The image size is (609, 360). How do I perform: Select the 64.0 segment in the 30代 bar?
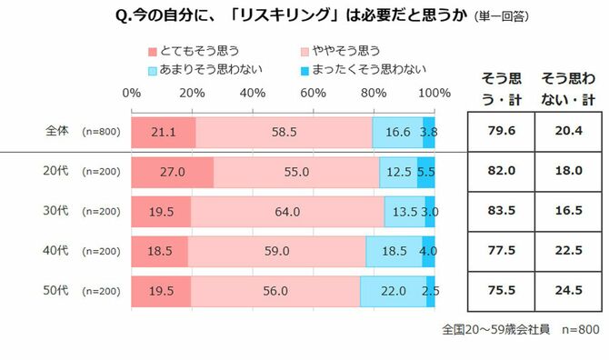[x=287, y=212]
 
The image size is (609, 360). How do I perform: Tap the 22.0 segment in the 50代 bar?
[x=393, y=291]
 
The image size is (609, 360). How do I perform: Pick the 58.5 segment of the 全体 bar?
[x=284, y=132]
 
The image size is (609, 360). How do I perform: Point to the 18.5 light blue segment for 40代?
[x=394, y=252]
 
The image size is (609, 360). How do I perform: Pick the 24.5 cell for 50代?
[x=564, y=291]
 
